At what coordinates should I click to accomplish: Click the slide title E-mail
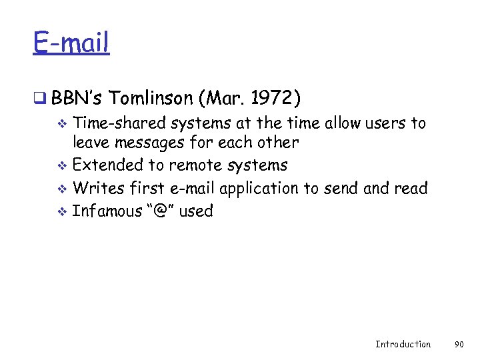[71, 43]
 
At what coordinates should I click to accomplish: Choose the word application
[259, 189]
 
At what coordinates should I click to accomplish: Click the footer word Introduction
[403, 344]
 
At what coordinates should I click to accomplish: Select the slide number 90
[459, 344]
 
